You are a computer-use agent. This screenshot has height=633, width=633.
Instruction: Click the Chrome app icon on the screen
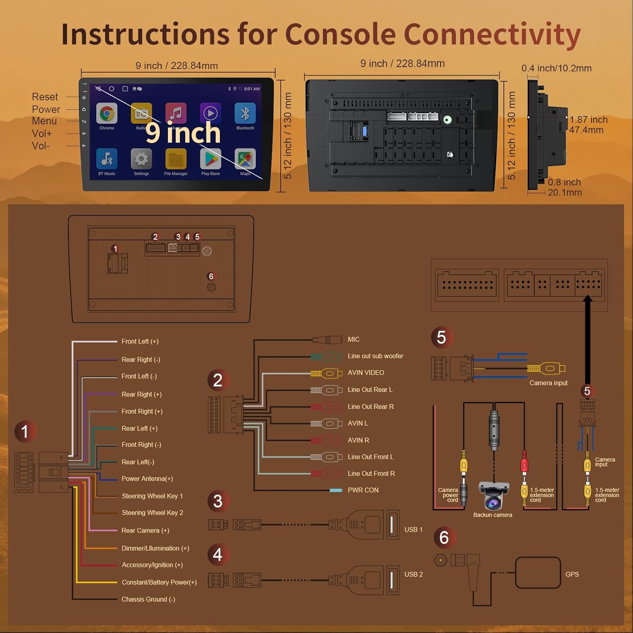(107, 114)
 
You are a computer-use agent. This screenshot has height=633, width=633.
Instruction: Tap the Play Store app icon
(211, 159)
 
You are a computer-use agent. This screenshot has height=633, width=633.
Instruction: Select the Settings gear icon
(141, 159)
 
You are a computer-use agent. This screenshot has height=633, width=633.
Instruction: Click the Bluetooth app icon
(245, 114)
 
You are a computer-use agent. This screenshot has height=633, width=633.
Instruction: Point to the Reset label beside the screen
(45, 97)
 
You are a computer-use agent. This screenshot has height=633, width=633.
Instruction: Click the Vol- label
(41, 146)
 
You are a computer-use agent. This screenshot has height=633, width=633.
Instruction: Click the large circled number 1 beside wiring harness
(25, 431)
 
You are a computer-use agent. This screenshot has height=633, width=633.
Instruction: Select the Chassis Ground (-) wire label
(148, 599)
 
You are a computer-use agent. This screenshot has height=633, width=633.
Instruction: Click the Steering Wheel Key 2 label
(152, 513)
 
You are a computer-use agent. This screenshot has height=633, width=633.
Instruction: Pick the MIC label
(354, 339)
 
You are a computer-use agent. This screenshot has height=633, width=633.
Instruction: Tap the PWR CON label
(363, 490)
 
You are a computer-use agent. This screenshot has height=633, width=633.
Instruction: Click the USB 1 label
(413, 530)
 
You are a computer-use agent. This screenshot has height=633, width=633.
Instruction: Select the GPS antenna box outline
(538, 573)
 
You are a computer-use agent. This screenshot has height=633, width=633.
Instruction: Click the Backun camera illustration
(493, 496)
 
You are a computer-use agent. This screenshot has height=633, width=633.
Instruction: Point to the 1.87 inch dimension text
(588, 120)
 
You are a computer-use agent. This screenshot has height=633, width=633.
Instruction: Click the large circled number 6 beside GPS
(444, 538)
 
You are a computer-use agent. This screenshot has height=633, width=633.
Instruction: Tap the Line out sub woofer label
(375, 356)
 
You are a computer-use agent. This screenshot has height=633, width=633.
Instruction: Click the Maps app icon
(245, 159)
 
